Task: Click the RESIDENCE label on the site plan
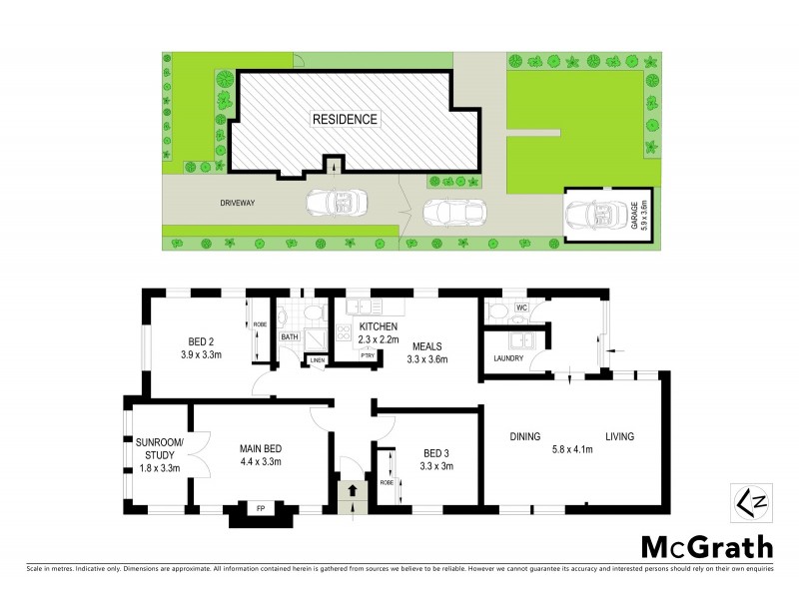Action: pos(346,120)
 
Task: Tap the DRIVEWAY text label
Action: pos(240,203)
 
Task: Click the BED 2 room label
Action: pos(201,338)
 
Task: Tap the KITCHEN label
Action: pos(379,327)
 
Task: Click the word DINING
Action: pos(524,437)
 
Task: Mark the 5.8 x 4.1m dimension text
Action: pos(572,449)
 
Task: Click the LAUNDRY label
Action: pos(509,358)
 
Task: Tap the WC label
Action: pos(520,307)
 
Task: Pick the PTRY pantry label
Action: pos(367,355)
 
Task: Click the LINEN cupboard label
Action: pos(318,359)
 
